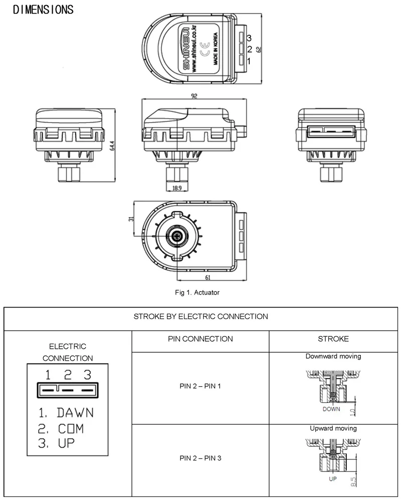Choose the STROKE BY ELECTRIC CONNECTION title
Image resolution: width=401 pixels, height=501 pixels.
pos(200,317)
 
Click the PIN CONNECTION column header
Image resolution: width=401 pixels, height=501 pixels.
pos(200,339)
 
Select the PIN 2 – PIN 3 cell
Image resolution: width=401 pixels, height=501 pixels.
pos(200,458)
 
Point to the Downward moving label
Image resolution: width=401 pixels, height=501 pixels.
pos(333,357)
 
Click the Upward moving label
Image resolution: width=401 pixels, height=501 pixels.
pos(333,428)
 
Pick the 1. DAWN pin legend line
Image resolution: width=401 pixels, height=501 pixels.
pos(66,413)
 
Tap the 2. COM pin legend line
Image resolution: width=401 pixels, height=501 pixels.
pos(61,428)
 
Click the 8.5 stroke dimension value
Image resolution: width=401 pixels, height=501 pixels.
pos(354,482)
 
